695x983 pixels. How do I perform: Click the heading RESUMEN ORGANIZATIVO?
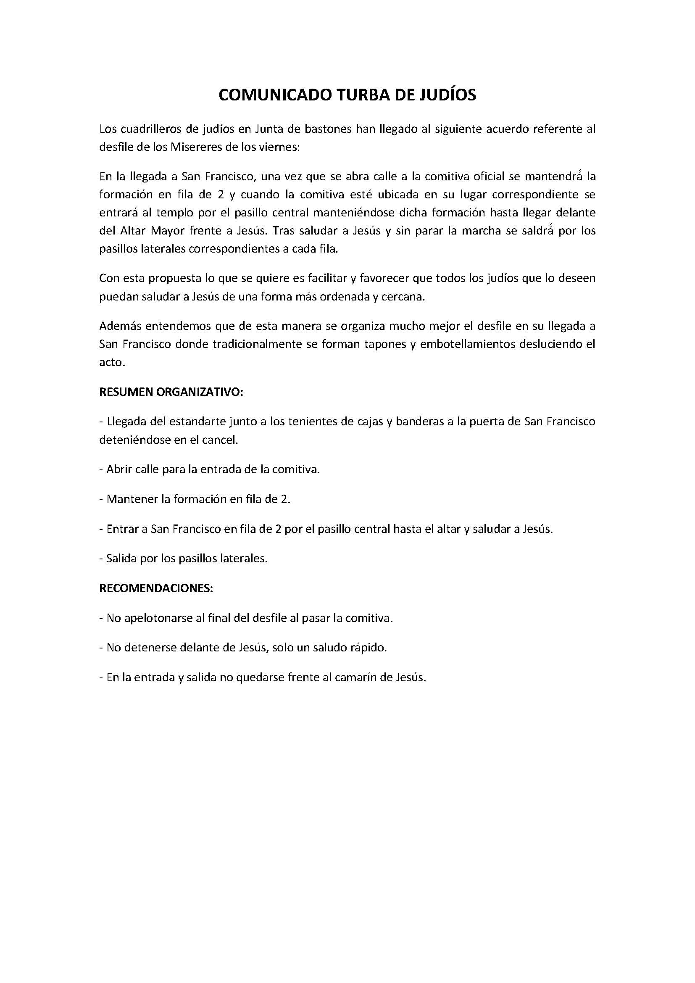(171, 393)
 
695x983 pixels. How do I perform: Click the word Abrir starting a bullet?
(119, 470)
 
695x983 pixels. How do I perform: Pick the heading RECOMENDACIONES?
(156, 588)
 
